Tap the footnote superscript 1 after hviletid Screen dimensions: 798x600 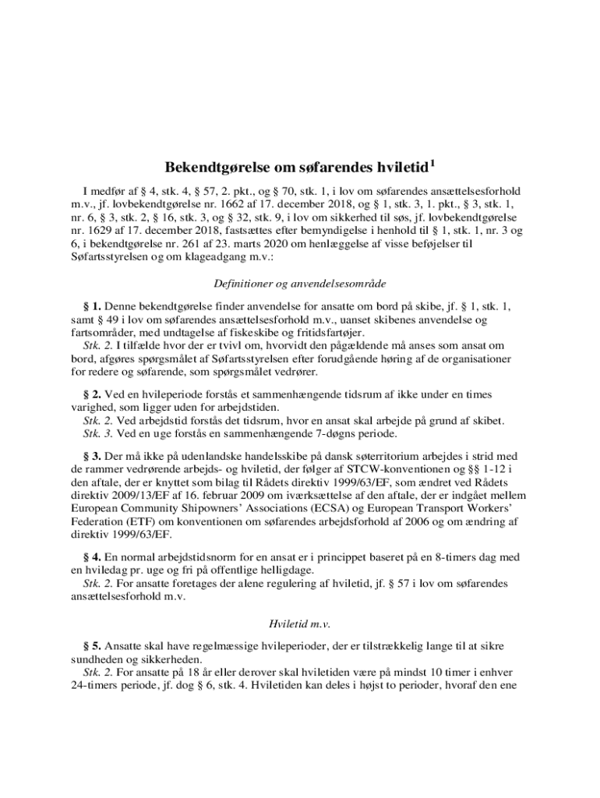point(432,164)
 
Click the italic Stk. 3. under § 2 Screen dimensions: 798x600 point(98,434)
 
